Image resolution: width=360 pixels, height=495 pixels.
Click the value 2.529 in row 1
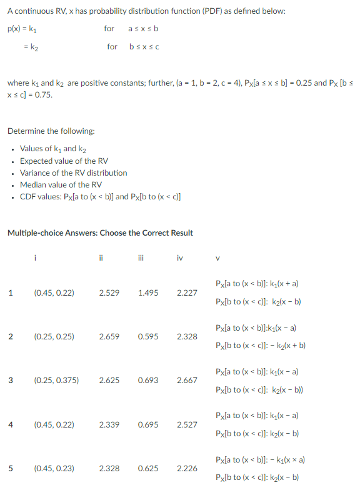pyautogui.click(x=109, y=292)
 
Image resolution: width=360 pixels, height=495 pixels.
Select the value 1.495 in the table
pyautogui.click(x=147, y=292)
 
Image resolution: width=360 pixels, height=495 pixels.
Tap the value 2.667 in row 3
pyautogui.click(x=187, y=380)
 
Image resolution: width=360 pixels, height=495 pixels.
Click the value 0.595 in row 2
pyautogui.click(x=147, y=336)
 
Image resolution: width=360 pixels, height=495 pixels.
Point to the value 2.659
pyautogui.click(x=109, y=336)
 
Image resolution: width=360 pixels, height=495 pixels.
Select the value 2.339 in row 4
pyautogui.click(x=109, y=424)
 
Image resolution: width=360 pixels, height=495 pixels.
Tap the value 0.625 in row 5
pyautogui.click(x=147, y=469)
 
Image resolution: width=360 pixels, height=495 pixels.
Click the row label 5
pyautogui.click(x=10, y=469)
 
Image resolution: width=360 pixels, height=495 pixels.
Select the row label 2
pyautogui.click(x=10, y=336)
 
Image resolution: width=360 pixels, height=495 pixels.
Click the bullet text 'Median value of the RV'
pyautogui.click(x=61, y=184)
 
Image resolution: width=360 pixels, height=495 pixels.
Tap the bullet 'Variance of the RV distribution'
pyautogui.click(x=73, y=172)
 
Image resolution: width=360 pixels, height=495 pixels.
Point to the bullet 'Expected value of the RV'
pyautogui.click(x=64, y=161)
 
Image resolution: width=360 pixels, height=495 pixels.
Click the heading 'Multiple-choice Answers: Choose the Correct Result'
pyautogui.click(x=100, y=232)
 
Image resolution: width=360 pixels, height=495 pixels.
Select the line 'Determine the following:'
pyautogui.click(x=51, y=131)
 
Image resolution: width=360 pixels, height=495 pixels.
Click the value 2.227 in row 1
pyautogui.click(x=187, y=292)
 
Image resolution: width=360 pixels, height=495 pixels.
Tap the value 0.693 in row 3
pyautogui.click(x=147, y=380)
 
